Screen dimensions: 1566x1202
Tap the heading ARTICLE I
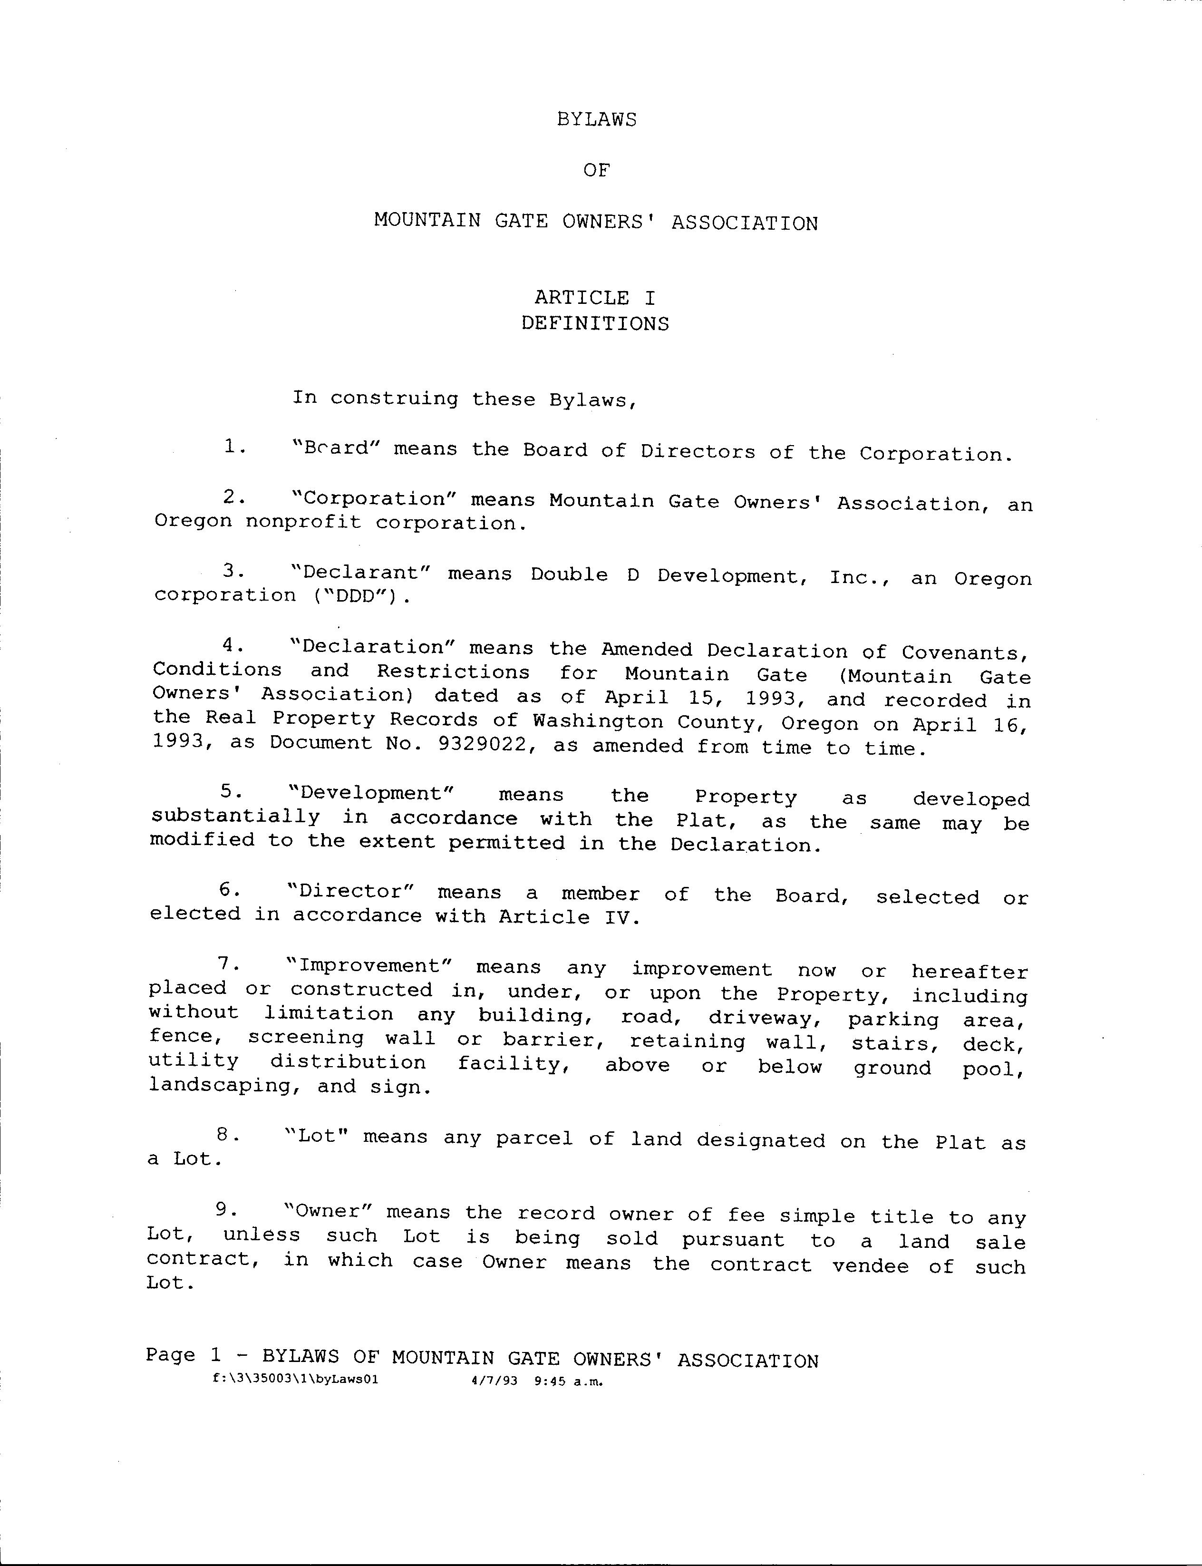pos(594,298)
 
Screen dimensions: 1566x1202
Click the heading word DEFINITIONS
pos(594,323)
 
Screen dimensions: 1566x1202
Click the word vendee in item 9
pos(870,1265)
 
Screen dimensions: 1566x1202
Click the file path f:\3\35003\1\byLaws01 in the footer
pos(295,1381)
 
